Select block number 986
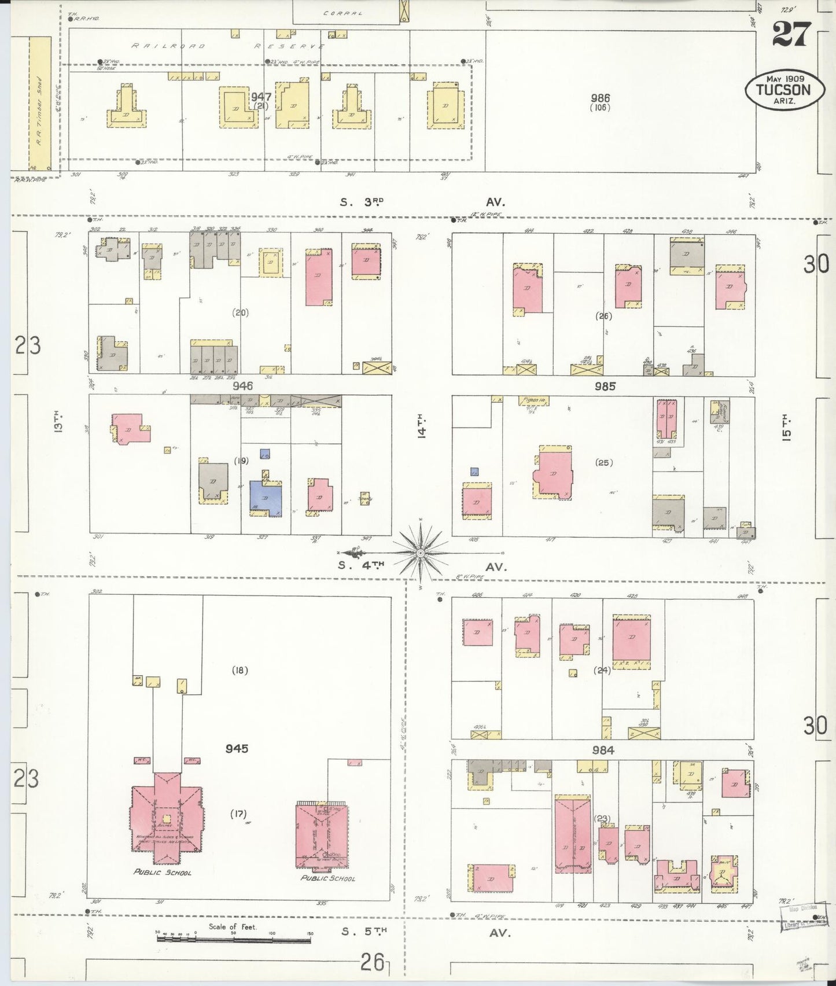click(x=600, y=98)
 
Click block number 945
click(x=237, y=748)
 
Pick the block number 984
click(x=603, y=750)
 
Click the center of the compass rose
click(x=421, y=553)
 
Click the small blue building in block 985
click(x=474, y=471)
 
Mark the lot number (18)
click(x=240, y=671)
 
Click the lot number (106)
click(x=600, y=108)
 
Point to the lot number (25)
click(x=603, y=462)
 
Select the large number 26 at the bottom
click(x=372, y=963)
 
